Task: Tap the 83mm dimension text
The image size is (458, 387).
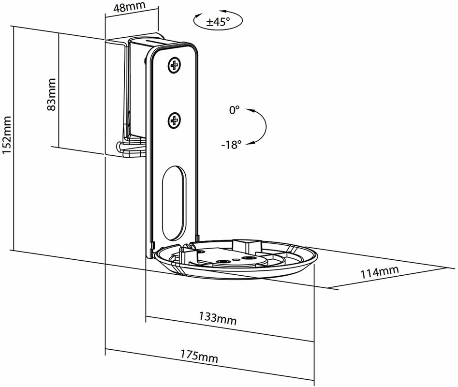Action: [x=52, y=94]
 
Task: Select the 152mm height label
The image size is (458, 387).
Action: [x=6, y=135]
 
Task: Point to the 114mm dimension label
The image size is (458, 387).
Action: [x=380, y=272]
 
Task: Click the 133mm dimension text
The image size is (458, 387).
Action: [x=218, y=318]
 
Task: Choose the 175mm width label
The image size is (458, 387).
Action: [x=199, y=355]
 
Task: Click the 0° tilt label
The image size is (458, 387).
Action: [x=234, y=110]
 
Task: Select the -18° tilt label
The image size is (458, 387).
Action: [x=232, y=144]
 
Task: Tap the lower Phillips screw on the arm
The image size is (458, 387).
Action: [x=175, y=119]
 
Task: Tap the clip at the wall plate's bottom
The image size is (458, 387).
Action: [x=131, y=149]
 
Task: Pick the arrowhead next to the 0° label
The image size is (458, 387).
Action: [x=250, y=110]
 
